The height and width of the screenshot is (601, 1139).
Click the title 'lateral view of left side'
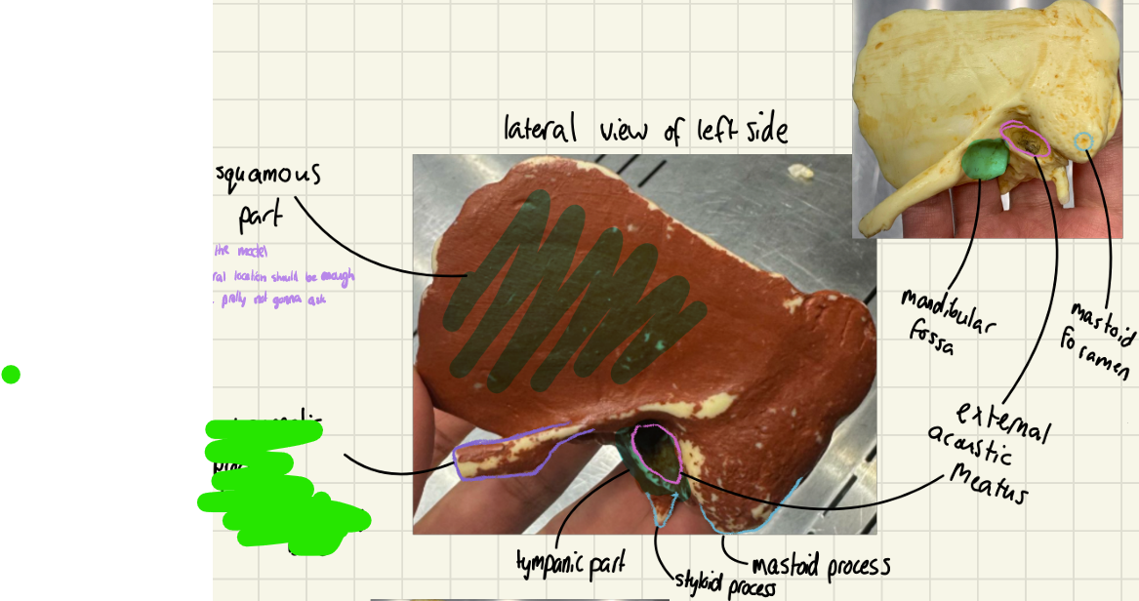645,130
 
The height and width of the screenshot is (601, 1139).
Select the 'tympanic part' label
571,563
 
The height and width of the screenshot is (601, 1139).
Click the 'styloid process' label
724,586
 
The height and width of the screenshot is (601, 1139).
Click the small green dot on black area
11,374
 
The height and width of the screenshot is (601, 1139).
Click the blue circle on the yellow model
1081,142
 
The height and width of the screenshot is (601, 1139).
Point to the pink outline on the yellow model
1026,140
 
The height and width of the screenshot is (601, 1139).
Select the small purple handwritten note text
283,277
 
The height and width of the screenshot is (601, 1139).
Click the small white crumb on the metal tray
802,172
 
